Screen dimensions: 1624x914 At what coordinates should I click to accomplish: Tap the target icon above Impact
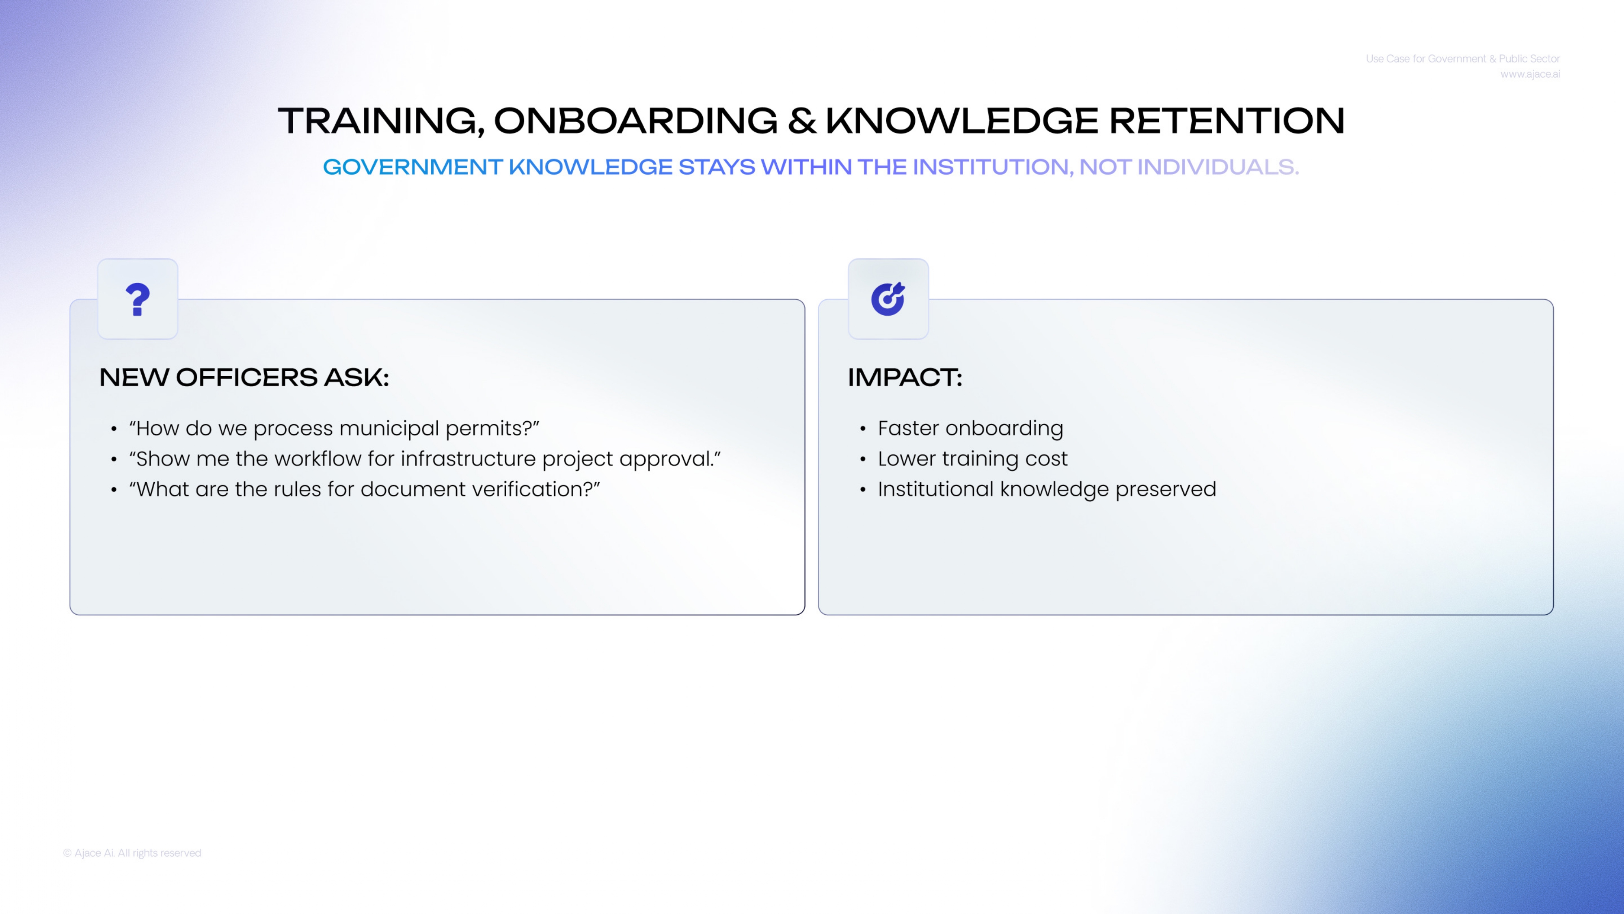888,299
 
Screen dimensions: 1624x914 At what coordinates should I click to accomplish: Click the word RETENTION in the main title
1227,121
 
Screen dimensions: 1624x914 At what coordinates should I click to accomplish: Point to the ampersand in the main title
802,121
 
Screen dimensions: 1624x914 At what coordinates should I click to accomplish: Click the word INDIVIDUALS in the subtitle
1218,167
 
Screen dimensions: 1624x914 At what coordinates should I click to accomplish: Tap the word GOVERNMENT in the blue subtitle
413,167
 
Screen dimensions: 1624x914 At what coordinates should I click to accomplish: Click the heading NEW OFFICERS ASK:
244,377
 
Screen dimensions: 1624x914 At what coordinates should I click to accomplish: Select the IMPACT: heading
905,377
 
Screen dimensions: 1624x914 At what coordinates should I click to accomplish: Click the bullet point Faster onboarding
971,428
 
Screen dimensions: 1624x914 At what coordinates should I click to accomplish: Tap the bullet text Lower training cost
973,459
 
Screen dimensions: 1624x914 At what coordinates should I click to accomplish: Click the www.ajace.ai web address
1530,74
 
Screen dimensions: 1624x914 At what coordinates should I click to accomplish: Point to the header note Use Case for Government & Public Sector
1462,58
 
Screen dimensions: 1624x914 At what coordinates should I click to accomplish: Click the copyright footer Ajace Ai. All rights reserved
132,853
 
